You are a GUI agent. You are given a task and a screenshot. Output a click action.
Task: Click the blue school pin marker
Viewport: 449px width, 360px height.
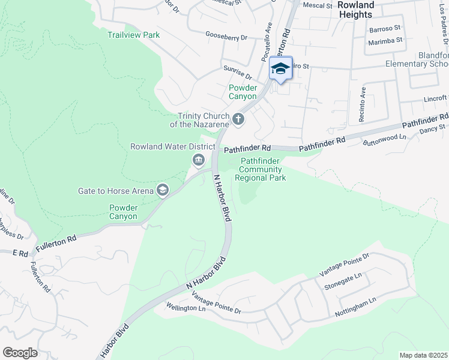pyautogui.click(x=280, y=69)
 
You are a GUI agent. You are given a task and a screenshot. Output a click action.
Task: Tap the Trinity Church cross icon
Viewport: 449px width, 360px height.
pyautogui.click(x=238, y=119)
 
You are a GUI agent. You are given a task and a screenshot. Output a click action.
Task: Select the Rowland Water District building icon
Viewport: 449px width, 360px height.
pyautogui.click(x=198, y=160)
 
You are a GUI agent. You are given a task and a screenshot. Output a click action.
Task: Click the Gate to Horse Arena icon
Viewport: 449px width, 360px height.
pyautogui.click(x=161, y=190)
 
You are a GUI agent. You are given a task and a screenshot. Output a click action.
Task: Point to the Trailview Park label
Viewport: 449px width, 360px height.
pyautogui.click(x=133, y=35)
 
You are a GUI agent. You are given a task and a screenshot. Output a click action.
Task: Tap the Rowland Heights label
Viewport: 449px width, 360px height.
pyautogui.click(x=355, y=9)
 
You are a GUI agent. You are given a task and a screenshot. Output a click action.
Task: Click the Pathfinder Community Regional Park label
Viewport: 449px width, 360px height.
pyautogui.click(x=260, y=169)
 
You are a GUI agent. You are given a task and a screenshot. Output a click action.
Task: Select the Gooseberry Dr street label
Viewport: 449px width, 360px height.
pyautogui.click(x=226, y=37)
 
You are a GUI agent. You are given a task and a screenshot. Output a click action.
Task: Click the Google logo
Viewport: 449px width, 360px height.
pyautogui.click(x=20, y=353)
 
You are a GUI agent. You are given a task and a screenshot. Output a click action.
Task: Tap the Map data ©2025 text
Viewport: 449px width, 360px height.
pyautogui.click(x=423, y=355)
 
